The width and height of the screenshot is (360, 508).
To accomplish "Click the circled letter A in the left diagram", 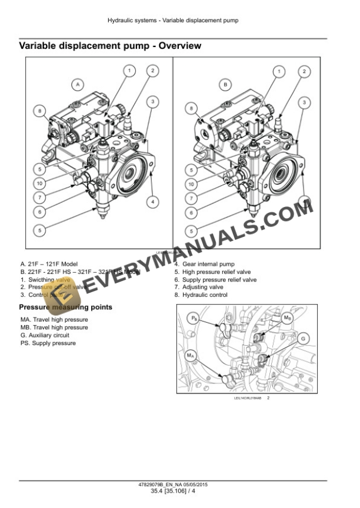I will tap(77, 85).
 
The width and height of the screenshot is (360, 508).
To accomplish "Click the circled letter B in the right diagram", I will tap(226, 85).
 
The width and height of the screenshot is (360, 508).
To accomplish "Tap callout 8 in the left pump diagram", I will tap(39, 110).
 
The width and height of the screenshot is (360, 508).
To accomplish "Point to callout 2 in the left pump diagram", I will tap(152, 71).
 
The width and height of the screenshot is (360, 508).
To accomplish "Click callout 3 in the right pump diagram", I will tap(304, 102).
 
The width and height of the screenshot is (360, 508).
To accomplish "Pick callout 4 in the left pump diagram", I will tap(152, 202).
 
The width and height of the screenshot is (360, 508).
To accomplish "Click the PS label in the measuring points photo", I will tap(195, 318).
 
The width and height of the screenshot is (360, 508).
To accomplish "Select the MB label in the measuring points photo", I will tap(287, 318).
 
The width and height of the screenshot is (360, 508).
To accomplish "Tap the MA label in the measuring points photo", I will tap(191, 356).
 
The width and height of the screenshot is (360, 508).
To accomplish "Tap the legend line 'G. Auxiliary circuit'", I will tap(45, 335).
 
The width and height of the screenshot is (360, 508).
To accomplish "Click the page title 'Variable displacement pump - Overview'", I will tap(110, 45).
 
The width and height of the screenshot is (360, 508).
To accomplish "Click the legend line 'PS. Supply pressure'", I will tap(48, 343).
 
